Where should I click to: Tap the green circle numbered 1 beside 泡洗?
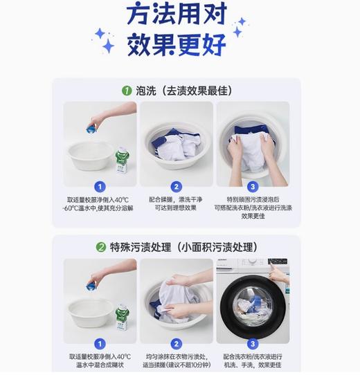pos(127,90)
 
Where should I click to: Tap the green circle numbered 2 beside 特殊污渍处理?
pos(101,247)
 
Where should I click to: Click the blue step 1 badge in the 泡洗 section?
pos(100,186)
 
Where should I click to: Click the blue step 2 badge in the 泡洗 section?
pos(176,186)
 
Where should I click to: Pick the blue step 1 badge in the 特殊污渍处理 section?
pos(100,343)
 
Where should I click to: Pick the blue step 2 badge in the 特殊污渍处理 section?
pos(176,343)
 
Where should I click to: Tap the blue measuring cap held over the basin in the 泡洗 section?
pos(91,127)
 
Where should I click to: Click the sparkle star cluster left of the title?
pos(105,41)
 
